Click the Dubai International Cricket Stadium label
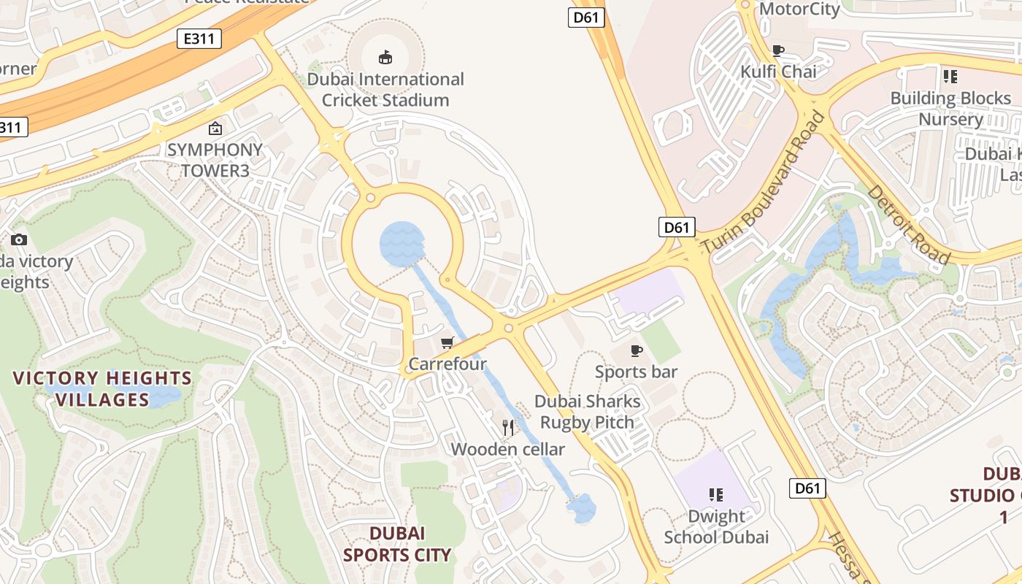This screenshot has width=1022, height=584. (x=385, y=90)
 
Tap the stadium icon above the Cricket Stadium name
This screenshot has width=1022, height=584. (x=385, y=57)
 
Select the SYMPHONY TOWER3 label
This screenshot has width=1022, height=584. (x=215, y=160)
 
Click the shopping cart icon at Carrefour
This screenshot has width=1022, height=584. (x=447, y=342)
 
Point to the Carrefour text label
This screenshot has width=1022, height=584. (x=447, y=364)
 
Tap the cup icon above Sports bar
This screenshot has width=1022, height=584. (x=637, y=350)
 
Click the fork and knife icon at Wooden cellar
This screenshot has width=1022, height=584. (x=508, y=427)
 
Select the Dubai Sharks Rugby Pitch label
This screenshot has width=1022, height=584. (x=588, y=412)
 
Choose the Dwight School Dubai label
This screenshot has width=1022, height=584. (x=716, y=526)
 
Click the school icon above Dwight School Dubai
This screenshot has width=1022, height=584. (x=716, y=495)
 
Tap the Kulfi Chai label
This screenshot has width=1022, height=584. (x=779, y=72)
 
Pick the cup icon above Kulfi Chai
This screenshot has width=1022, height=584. (x=778, y=50)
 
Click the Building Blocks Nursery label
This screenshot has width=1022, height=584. (x=950, y=108)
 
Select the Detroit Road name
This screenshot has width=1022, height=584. (x=909, y=224)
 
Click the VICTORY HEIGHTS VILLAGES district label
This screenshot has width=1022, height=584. (x=102, y=388)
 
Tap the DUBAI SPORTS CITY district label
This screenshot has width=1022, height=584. (x=397, y=544)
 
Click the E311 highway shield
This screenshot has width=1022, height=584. (x=199, y=39)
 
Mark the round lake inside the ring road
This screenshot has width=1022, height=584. (x=401, y=244)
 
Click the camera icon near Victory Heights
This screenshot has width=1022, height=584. (x=19, y=239)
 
